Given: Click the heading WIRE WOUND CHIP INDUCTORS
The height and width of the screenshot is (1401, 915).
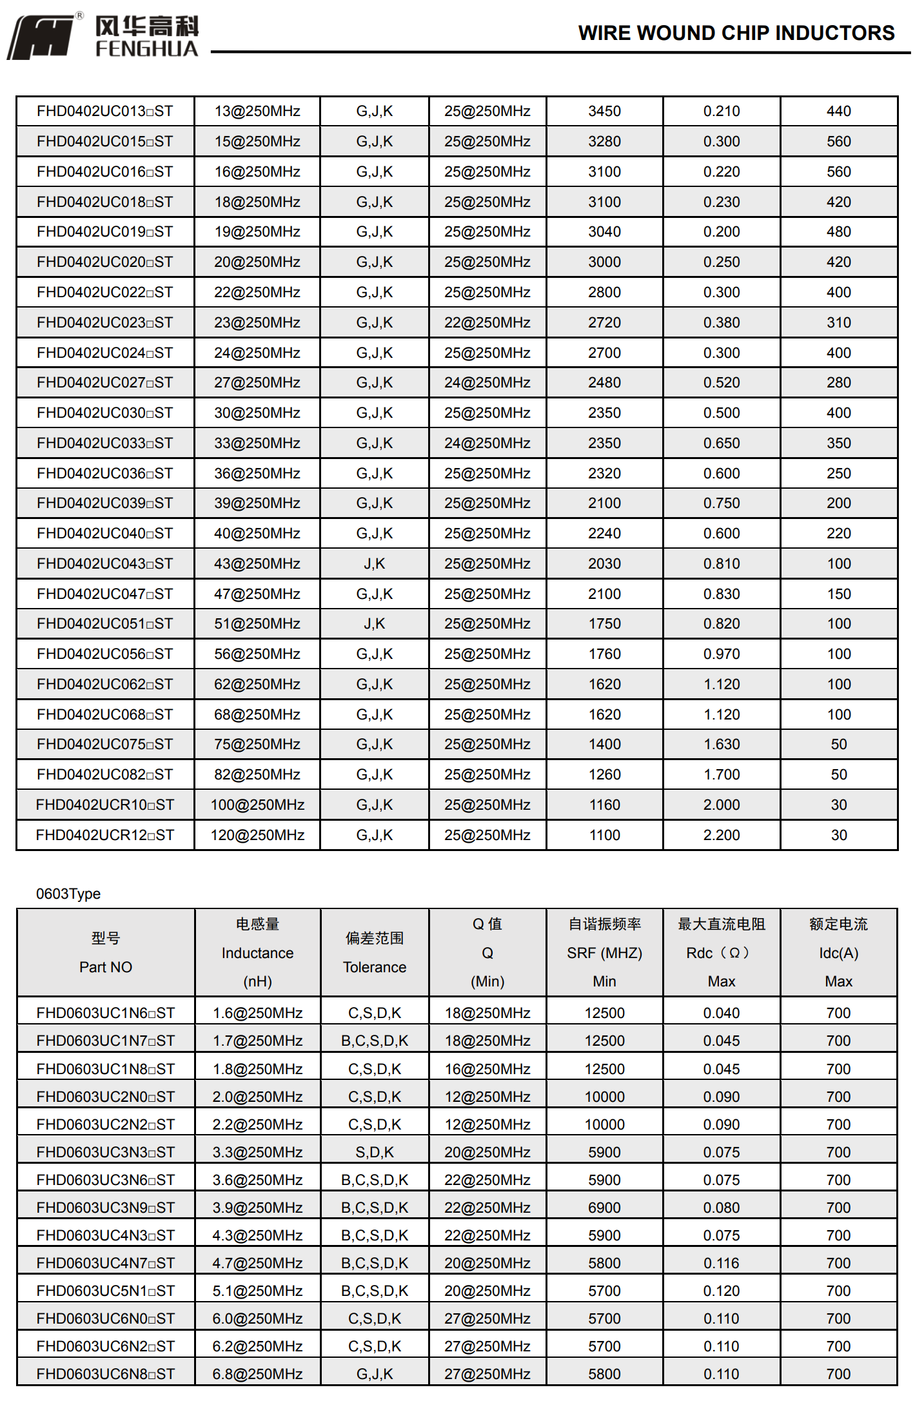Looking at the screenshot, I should pyautogui.click(x=736, y=33).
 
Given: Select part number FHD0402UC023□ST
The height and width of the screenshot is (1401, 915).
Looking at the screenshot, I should pyautogui.click(x=105, y=322).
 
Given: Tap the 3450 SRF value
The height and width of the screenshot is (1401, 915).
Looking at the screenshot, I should pyautogui.click(x=604, y=111).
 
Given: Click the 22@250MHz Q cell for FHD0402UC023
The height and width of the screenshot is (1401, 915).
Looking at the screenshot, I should pyautogui.click(x=487, y=322).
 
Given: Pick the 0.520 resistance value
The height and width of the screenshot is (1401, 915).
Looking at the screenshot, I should pyautogui.click(x=721, y=382).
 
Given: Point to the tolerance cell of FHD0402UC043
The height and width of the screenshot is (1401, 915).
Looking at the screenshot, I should pyautogui.click(x=374, y=563).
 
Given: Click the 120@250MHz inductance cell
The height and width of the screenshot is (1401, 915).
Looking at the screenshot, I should pyautogui.click(x=257, y=835).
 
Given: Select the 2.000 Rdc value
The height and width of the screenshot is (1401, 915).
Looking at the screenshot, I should pyautogui.click(x=721, y=805).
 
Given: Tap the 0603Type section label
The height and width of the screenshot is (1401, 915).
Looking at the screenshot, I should pyautogui.click(x=68, y=894).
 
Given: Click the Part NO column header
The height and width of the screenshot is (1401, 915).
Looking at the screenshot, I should pyautogui.click(x=105, y=966).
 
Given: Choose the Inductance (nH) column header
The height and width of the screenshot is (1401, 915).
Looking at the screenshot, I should pyautogui.click(x=257, y=953).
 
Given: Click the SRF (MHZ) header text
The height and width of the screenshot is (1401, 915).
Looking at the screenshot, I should pyautogui.click(x=604, y=953).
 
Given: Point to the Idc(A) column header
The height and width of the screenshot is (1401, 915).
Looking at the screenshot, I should pyautogui.click(x=838, y=953).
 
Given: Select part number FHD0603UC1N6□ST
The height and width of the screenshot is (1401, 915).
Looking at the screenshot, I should pyautogui.click(x=105, y=1013).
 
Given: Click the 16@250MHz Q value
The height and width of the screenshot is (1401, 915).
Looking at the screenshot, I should pyautogui.click(x=487, y=1069).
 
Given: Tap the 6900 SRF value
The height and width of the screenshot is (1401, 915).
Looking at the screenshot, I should pyautogui.click(x=604, y=1208).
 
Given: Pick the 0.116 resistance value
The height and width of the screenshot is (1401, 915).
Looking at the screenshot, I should pyautogui.click(x=721, y=1263).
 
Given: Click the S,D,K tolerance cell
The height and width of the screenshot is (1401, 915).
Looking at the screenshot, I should pyautogui.click(x=374, y=1152).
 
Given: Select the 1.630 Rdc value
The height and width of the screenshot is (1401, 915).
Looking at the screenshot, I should pyautogui.click(x=721, y=744).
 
